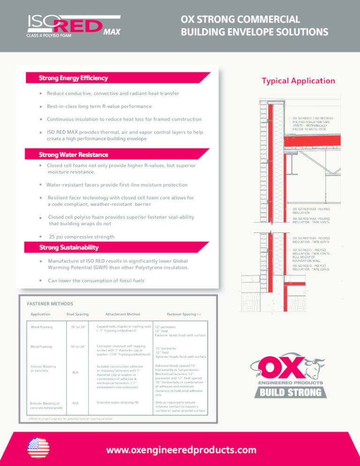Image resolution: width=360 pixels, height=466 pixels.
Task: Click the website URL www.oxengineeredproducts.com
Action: click(x=181, y=450)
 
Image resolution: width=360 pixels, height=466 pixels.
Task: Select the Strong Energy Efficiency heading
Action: click(x=74, y=78)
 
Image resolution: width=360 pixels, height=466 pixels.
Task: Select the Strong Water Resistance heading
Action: click(x=74, y=154)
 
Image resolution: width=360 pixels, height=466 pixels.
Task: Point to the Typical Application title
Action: click(x=298, y=81)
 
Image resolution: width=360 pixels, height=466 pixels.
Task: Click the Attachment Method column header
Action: click(x=123, y=314)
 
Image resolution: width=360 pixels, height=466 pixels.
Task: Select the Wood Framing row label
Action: click(x=42, y=327)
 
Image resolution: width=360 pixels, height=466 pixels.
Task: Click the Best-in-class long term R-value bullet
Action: click(x=99, y=106)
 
